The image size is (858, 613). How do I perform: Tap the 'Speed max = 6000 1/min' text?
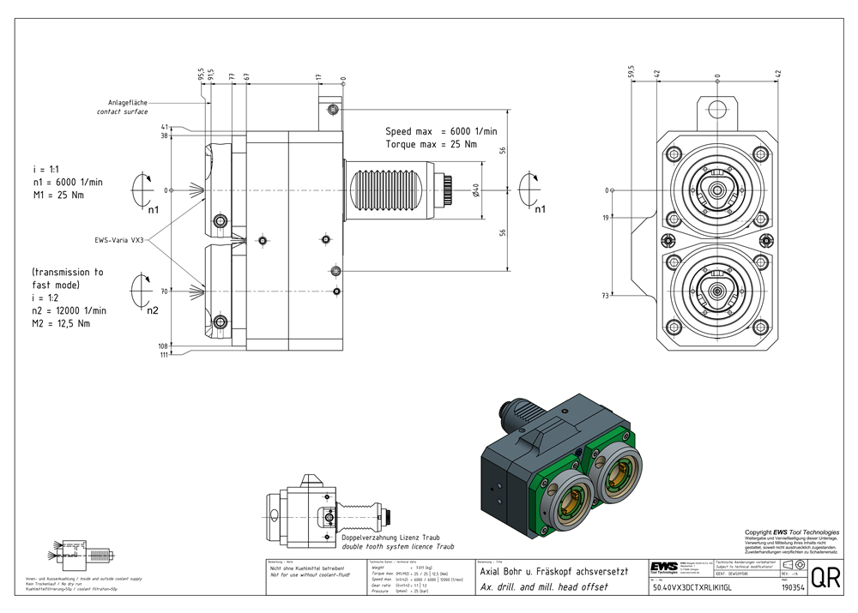click(440, 131)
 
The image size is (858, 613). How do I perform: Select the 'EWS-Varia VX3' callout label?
click(121, 241)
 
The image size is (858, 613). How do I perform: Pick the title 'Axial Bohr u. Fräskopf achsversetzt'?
click(554, 572)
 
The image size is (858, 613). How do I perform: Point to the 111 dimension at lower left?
click(163, 354)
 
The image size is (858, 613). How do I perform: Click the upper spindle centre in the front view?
click(716, 189)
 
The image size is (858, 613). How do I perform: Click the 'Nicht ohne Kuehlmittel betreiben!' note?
click(307, 568)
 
